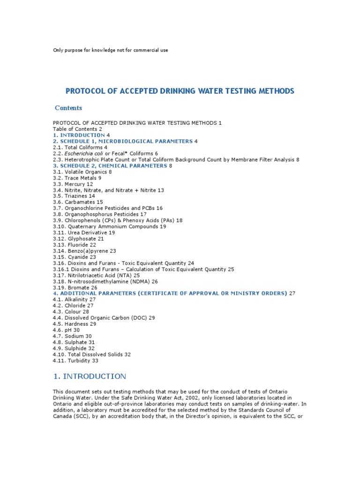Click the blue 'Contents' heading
[x=68, y=108]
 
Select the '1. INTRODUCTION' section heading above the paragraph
[x=90, y=376]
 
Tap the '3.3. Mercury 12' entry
[x=73, y=184]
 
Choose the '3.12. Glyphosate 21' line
[x=78, y=239]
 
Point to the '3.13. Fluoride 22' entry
[x=75, y=245]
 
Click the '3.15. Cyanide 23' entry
[x=75, y=257]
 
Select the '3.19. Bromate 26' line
[x=75, y=287]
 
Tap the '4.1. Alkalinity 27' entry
[x=74, y=300]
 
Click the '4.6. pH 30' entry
[x=66, y=330]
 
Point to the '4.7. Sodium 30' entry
[x=72, y=336]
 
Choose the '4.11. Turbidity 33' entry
[x=75, y=360]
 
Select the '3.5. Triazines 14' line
[x=74, y=196]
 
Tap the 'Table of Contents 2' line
[x=77, y=129]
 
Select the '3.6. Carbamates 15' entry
[x=78, y=202]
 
